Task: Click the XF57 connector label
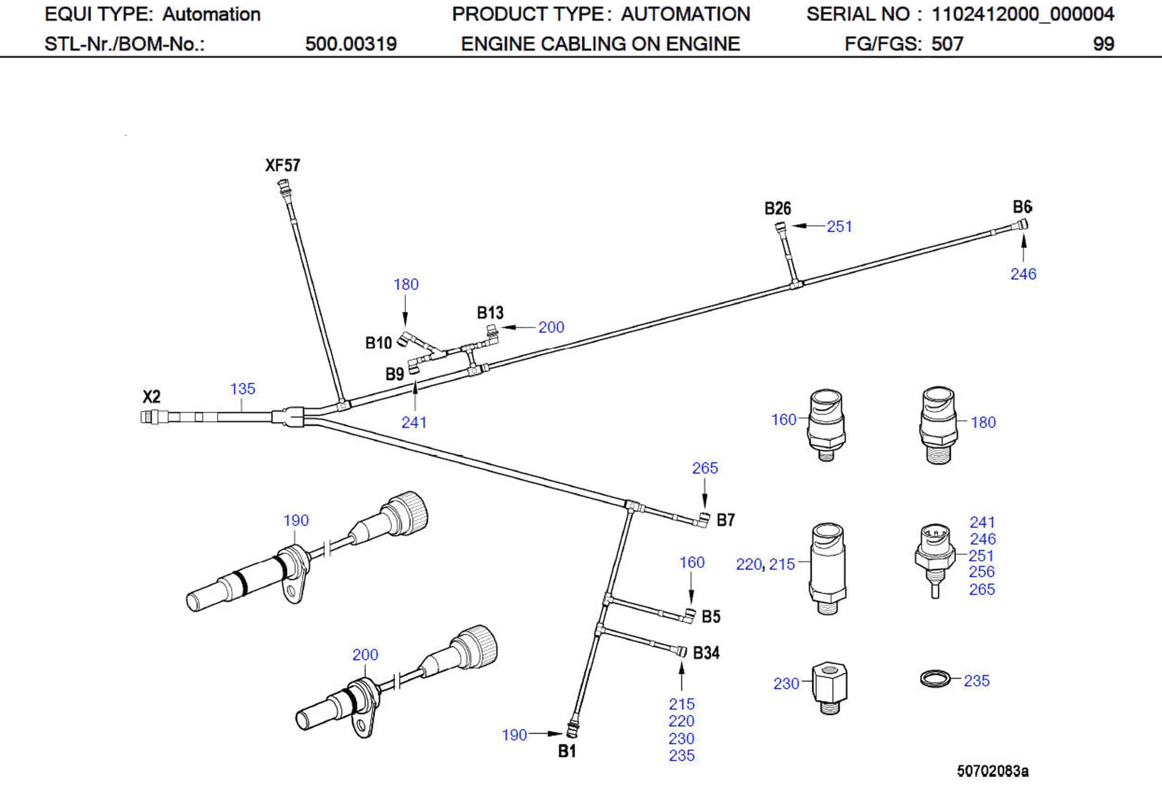pos(283,165)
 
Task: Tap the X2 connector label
pos(151,396)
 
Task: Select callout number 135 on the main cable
pos(243,388)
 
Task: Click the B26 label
pos(777,209)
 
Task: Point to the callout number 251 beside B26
pos(839,226)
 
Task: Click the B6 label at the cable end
pos(1022,206)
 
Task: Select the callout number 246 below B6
pos(1023,274)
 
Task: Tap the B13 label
pos(490,313)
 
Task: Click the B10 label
pos(378,343)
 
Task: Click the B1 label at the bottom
pos(567,751)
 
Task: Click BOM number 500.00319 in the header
pos(351,44)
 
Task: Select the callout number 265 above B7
pos(704,468)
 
